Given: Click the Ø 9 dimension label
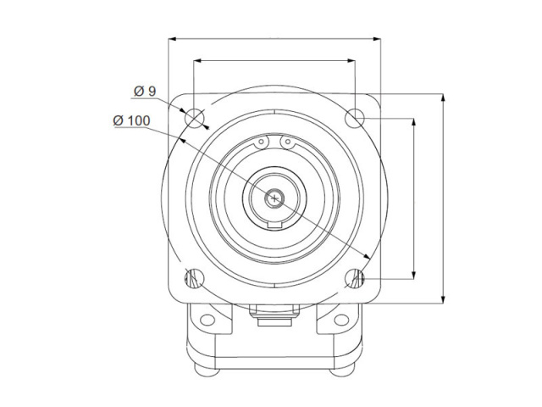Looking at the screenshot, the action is point(145,92).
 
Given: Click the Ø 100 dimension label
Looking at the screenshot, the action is point(131,120).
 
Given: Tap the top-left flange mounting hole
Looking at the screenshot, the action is point(195,118).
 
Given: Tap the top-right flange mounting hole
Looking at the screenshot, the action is point(355,118).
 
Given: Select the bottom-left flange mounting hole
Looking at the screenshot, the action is point(195,278).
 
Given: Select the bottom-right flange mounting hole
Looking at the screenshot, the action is point(355,278).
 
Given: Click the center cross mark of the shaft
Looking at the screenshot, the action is point(274,198).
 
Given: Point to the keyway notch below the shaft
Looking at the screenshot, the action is point(274,226).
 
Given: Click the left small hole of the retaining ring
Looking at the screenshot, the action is point(262,142).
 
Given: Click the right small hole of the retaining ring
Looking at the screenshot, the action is point(288,142).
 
